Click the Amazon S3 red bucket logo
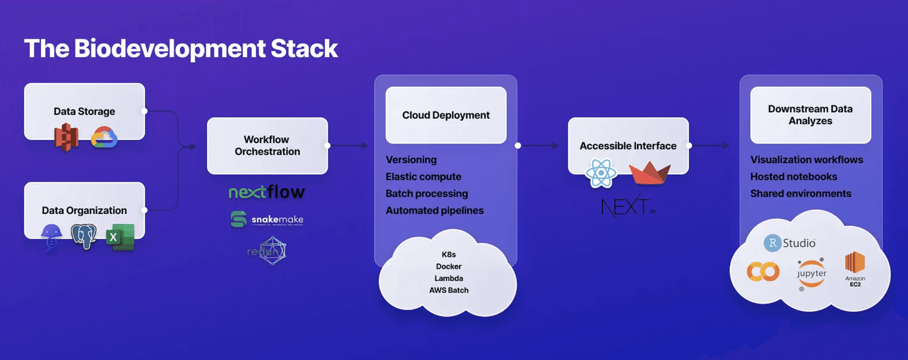(x=67, y=137)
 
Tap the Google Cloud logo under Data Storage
(x=104, y=138)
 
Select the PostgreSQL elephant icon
(x=84, y=236)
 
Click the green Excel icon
(x=120, y=237)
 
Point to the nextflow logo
(x=267, y=192)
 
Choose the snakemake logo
(x=267, y=219)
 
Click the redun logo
(x=267, y=251)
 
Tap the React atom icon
(x=601, y=173)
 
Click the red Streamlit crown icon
(x=649, y=173)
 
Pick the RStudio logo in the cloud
(x=789, y=243)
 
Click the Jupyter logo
(x=811, y=274)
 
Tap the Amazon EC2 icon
(x=855, y=268)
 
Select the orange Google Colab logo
(x=763, y=272)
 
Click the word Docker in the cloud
(x=448, y=266)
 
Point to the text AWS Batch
(x=448, y=290)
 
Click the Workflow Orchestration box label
(x=267, y=145)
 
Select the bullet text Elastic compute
(x=423, y=176)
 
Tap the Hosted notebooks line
(x=793, y=176)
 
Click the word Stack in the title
(x=304, y=48)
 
